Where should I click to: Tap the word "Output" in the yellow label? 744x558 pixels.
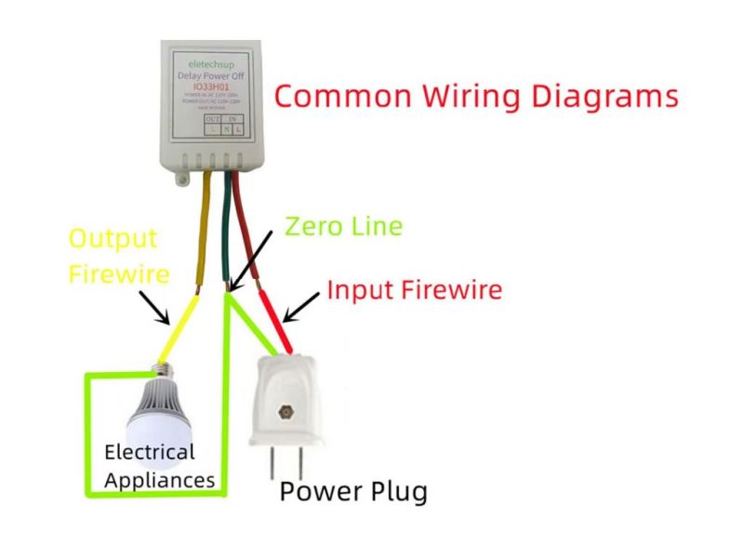(113, 239)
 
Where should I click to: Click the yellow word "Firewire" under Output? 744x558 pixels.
(119, 273)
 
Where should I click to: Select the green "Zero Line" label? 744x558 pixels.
(343, 226)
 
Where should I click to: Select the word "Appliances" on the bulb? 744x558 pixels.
(159, 480)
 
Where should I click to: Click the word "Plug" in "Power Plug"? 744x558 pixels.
(394, 492)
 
